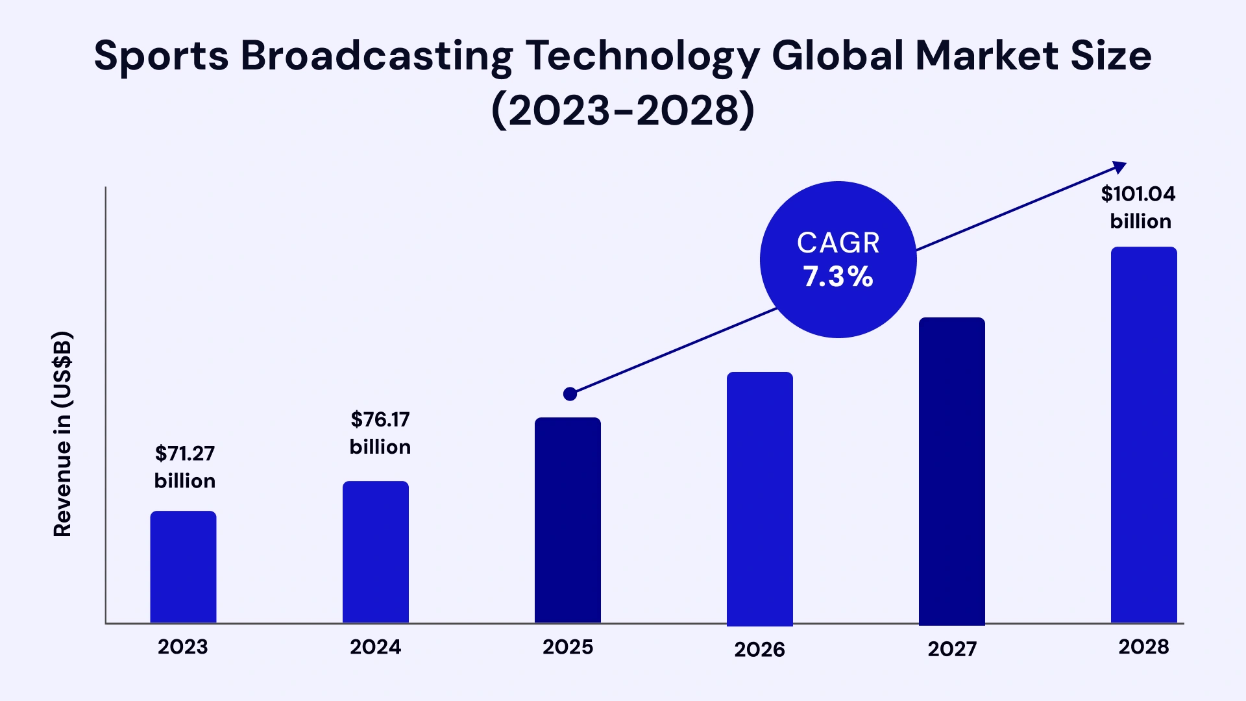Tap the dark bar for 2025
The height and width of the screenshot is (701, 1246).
click(567, 520)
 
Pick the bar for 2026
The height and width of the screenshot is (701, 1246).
click(759, 498)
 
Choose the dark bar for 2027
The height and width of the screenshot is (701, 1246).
click(951, 471)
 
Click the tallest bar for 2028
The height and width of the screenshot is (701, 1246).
click(1143, 435)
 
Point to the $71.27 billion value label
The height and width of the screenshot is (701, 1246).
click(185, 467)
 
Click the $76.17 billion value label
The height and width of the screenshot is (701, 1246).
click(380, 433)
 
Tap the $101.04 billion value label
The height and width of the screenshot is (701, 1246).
click(1140, 207)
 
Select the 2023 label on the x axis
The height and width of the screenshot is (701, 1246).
click(183, 646)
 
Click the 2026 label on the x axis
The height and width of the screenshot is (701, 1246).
click(759, 649)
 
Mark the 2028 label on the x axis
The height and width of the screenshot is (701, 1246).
click(1143, 646)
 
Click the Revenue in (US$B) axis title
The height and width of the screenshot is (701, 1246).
click(62, 434)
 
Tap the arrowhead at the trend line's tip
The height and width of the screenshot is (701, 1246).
click(1119, 167)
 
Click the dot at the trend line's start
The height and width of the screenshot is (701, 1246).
click(570, 394)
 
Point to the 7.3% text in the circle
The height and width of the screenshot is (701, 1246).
click(838, 277)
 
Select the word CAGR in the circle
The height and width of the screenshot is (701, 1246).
click(838, 243)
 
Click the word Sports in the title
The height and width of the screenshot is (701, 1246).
click(161, 55)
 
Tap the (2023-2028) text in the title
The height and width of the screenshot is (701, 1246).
click(623, 110)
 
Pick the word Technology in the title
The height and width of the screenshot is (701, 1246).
click(642, 55)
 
